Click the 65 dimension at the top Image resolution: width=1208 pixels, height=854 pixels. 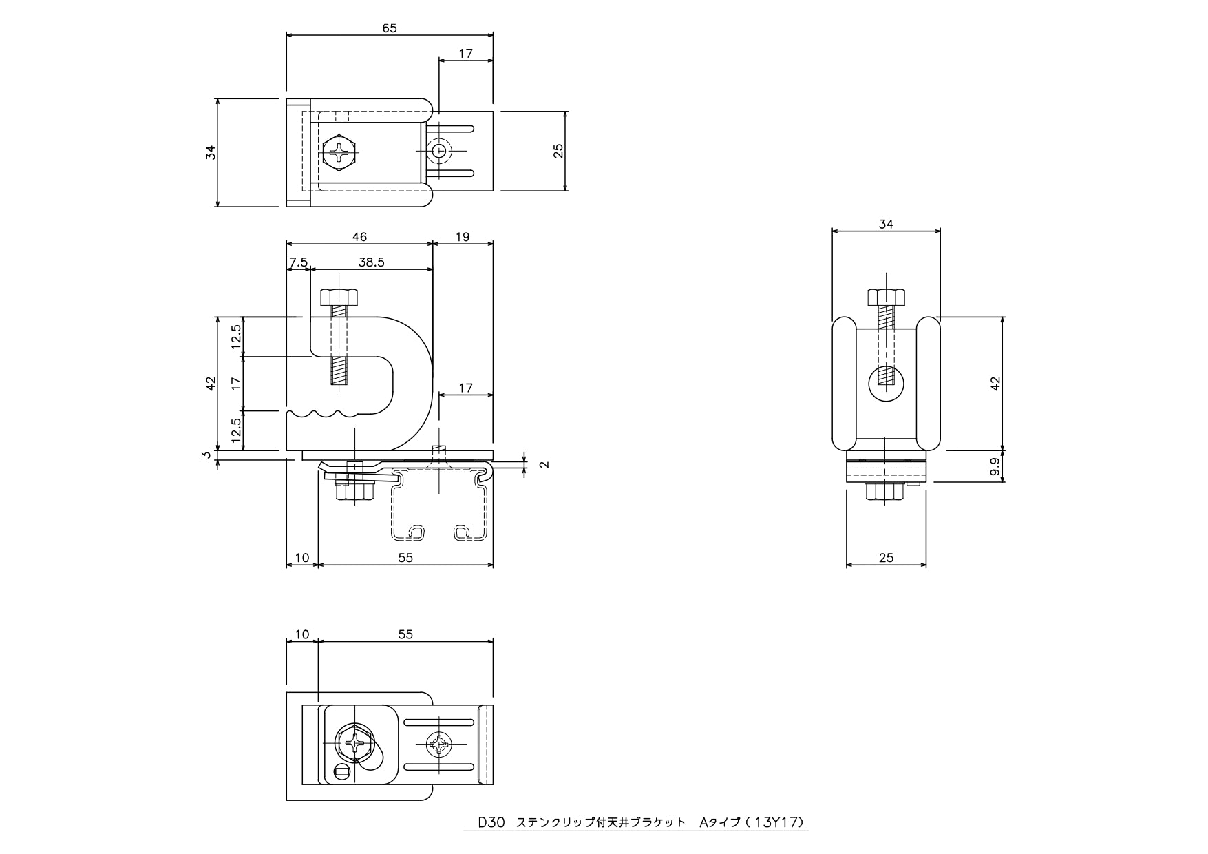coord(390,28)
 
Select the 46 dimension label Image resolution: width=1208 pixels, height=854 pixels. coord(359,237)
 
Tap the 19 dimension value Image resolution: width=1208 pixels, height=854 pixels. coord(463,237)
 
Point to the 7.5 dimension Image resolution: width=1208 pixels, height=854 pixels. coord(299,262)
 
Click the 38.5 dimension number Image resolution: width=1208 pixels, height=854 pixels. coord(372,262)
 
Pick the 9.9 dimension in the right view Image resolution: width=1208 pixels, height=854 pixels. coord(995,466)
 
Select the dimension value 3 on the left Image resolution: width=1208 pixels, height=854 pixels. coord(206,455)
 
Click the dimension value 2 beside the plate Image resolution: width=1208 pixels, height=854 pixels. coord(544,464)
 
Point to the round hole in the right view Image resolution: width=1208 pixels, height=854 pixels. coord(887,384)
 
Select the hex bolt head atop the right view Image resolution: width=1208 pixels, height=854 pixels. coord(886,297)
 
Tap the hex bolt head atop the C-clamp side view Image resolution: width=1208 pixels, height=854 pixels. coord(339,297)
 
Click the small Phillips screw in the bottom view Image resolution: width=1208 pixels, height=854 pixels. coord(438,744)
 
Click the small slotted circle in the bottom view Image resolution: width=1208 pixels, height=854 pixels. coord(342,773)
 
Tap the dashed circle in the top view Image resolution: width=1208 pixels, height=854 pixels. coord(438,150)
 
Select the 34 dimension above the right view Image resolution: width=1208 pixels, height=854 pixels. coord(886,224)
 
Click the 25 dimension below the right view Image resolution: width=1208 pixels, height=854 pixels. coord(886,557)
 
